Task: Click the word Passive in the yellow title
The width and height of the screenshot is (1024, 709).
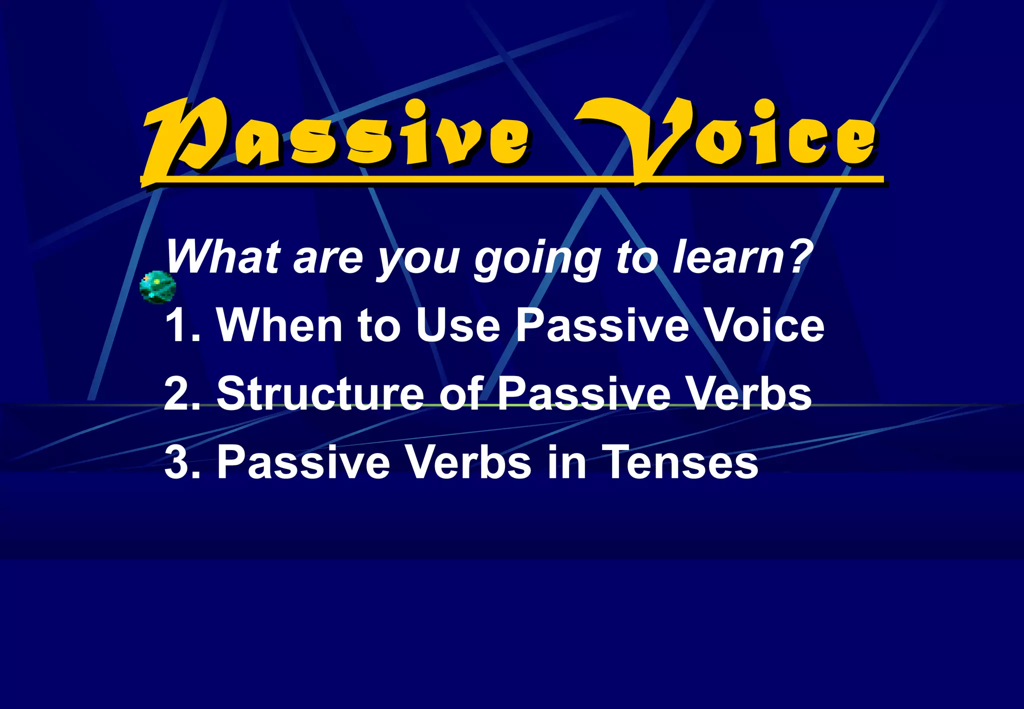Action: tap(335, 137)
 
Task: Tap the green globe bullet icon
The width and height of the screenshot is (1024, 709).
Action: tap(157, 287)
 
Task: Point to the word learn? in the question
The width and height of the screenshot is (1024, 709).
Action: tap(742, 257)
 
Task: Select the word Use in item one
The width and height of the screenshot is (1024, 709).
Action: tap(457, 325)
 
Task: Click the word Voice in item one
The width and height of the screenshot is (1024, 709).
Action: tap(765, 325)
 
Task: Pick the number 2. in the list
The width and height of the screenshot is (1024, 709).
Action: tap(183, 394)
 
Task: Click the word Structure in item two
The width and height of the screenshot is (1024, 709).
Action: tap(320, 394)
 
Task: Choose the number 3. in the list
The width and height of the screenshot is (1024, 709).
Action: tap(183, 462)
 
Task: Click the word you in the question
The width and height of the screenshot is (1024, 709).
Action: tap(418, 260)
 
